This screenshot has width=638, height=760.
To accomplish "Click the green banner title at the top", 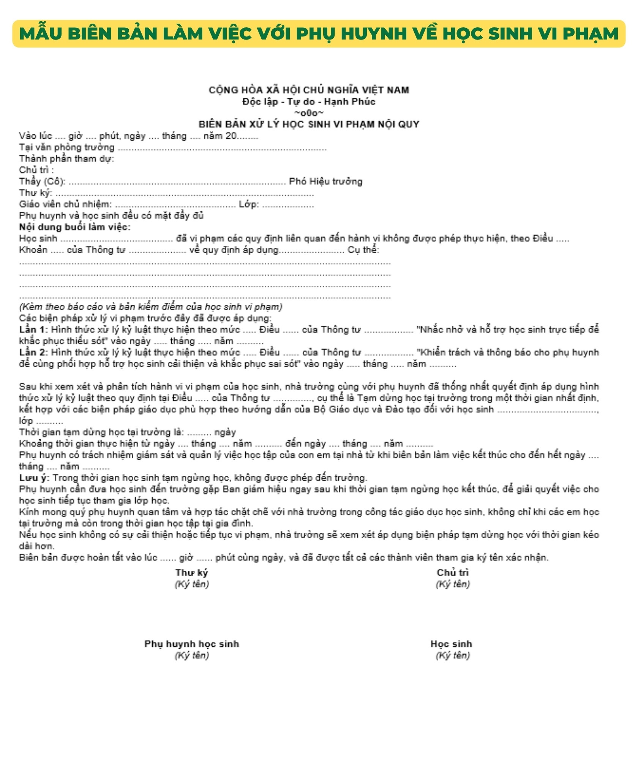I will click(319, 34).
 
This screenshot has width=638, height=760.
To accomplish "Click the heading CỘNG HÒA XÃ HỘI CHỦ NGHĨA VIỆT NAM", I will click(309, 90).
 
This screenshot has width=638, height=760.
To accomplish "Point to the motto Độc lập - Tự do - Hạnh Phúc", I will click(309, 101).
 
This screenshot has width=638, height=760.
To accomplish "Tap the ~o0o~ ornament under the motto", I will click(309, 113).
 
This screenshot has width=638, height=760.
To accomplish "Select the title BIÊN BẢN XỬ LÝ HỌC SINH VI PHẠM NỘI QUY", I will click(309, 124).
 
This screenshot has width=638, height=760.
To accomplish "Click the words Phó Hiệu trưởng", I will click(325, 181).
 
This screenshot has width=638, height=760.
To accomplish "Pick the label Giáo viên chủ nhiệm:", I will click(65, 204).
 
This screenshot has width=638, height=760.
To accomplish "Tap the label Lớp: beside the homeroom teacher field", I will click(249, 204).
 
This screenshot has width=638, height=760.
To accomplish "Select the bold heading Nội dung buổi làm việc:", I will click(75, 227).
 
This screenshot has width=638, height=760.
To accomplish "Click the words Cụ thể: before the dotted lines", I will click(363, 250).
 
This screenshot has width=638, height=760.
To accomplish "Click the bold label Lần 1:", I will click(33, 329).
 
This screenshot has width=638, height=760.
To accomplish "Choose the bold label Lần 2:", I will click(33, 352).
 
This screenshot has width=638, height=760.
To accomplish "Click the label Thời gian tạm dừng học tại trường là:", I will click(101, 432).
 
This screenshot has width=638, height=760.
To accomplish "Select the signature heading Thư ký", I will click(192, 573).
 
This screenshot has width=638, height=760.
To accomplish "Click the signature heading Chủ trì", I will click(453, 573).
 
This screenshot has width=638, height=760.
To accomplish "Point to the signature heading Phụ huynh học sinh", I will click(192, 644).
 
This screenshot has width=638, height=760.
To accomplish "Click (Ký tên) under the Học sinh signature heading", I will click(453, 655).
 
